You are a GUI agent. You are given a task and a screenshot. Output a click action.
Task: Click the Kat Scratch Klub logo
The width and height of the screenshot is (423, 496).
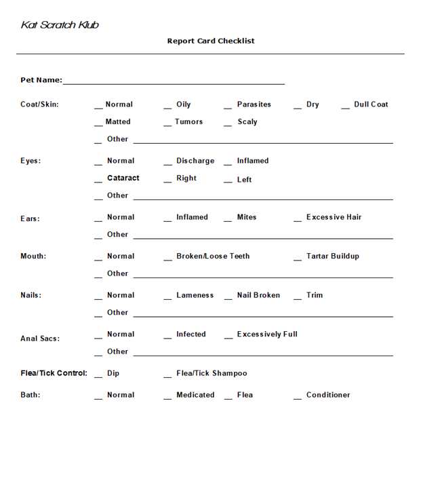[60, 25]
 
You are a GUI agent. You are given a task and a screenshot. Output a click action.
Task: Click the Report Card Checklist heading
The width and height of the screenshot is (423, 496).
[211, 41]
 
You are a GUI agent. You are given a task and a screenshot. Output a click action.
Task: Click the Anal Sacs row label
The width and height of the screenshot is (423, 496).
[40, 339]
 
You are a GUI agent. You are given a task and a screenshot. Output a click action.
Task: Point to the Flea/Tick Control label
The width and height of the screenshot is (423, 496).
[54, 373]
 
